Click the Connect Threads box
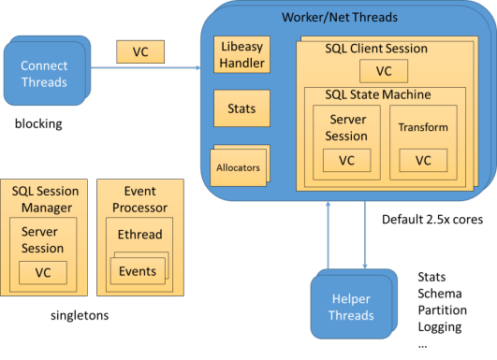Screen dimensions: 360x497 click(x=44, y=74)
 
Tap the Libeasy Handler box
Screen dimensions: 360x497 click(x=241, y=55)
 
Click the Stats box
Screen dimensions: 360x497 click(x=241, y=108)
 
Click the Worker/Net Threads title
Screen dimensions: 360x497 click(x=339, y=17)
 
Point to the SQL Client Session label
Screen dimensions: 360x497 click(x=375, y=49)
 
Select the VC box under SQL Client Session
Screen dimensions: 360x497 click(x=383, y=71)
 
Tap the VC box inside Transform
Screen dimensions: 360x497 click(x=423, y=160)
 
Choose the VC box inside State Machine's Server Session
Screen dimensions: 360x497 click(x=346, y=160)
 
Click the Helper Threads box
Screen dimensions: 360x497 click(x=351, y=308)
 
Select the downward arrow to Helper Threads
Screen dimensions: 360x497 click(x=364, y=235)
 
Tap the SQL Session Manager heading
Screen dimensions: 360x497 click(x=45, y=197)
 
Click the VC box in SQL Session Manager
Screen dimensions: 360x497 click(x=43, y=272)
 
